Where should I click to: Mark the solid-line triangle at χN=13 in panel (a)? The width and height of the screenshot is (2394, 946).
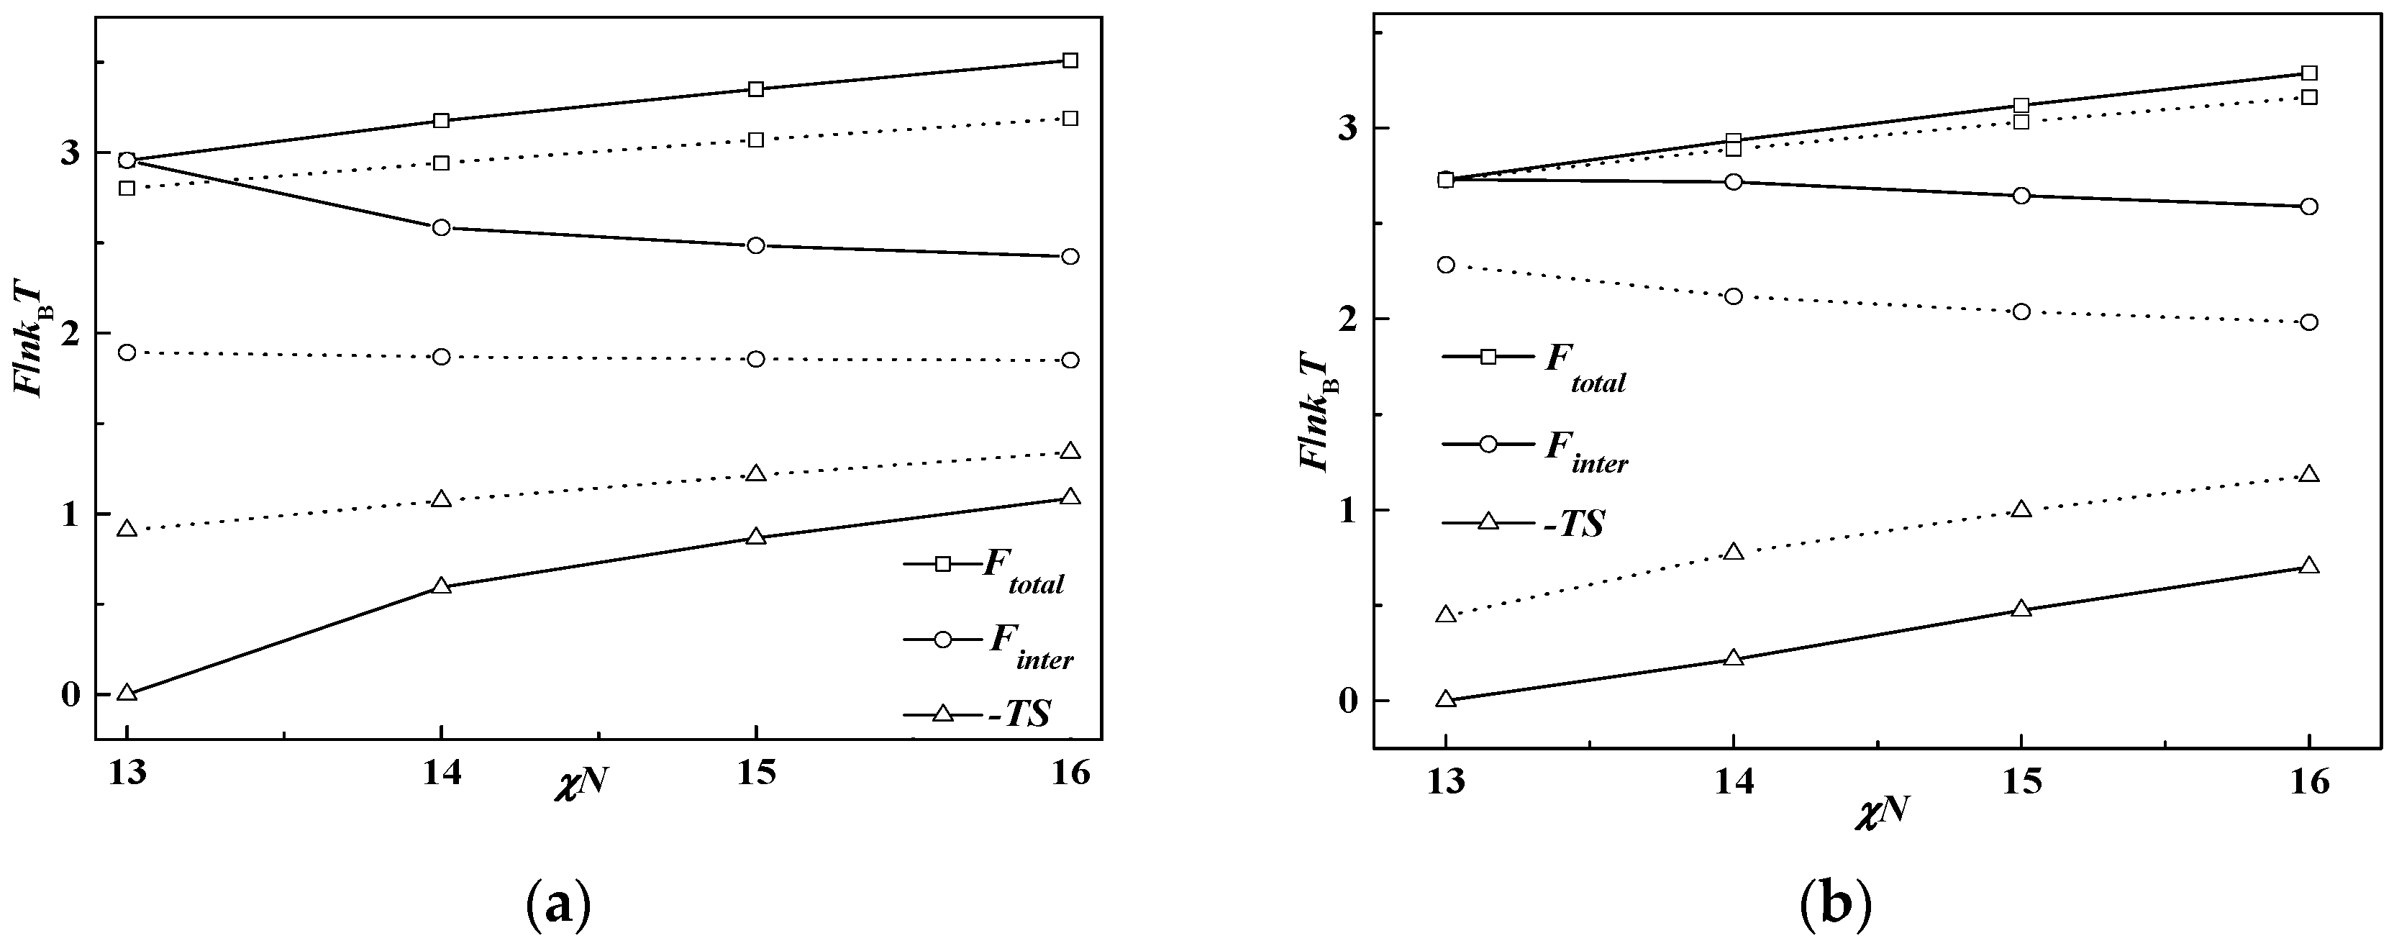click(x=127, y=692)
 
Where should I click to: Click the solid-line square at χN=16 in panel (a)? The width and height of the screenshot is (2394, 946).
click(x=1070, y=60)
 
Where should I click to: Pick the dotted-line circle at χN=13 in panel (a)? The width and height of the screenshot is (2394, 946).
click(x=127, y=353)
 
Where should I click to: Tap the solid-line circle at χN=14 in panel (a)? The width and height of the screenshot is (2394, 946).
click(x=442, y=227)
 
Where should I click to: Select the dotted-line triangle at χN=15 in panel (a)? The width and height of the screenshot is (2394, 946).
click(x=755, y=474)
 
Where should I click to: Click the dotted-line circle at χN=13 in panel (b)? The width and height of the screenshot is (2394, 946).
click(x=1445, y=265)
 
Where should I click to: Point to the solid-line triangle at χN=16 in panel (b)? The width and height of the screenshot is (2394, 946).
click(x=2308, y=566)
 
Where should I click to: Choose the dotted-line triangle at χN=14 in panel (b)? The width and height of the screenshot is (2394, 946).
click(x=1732, y=552)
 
